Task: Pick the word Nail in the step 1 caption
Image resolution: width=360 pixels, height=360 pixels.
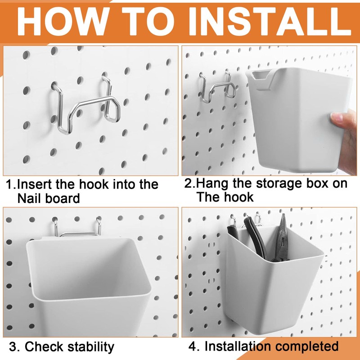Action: pos(32,198)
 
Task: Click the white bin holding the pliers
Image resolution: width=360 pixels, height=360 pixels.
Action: pos(274,288)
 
